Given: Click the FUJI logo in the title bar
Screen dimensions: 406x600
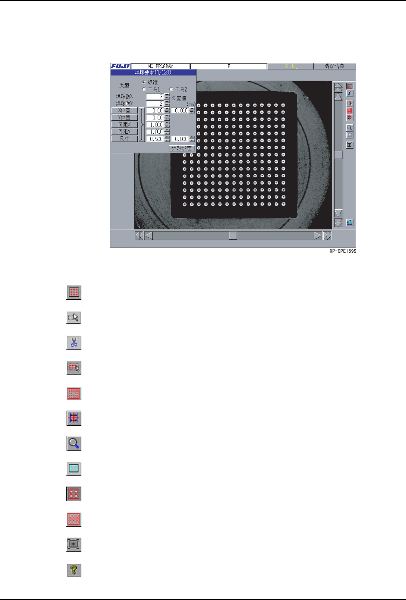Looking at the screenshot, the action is pyautogui.click(x=120, y=66).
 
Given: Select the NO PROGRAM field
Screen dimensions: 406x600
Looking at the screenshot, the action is pyautogui.click(x=160, y=66).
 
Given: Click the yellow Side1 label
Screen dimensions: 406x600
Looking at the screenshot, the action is pyautogui.click(x=291, y=66).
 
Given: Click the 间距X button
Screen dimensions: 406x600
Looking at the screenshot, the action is pyautogui.click(x=124, y=125).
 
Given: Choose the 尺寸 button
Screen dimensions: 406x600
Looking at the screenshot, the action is pyautogui.click(x=124, y=139).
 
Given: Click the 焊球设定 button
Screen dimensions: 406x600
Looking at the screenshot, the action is pyautogui.click(x=182, y=148).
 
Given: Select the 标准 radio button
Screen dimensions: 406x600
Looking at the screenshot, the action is pyautogui.click(x=144, y=82).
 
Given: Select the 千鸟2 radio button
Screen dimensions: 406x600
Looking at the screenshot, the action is pyautogui.click(x=171, y=89).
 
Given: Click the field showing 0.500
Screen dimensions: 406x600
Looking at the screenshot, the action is pyautogui.click(x=155, y=139).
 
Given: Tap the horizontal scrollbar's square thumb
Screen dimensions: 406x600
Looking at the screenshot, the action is pyautogui.click(x=232, y=236).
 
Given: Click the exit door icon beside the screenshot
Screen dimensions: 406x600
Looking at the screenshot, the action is pyautogui.click(x=350, y=223).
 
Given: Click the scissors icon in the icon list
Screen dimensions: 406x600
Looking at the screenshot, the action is pyautogui.click(x=74, y=343).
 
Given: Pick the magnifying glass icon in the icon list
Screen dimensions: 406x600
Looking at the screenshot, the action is pyautogui.click(x=74, y=443).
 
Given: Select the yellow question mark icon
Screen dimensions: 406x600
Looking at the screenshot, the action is pyautogui.click(x=74, y=570).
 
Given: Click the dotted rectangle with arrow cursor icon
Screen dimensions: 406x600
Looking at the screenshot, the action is pyautogui.click(x=74, y=318).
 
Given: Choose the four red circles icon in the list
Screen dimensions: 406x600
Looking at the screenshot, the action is pyautogui.click(x=74, y=494).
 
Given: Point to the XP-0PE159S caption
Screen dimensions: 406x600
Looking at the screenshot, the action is pyautogui.click(x=343, y=251).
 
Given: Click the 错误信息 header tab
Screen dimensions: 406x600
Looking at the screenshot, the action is pyautogui.click(x=335, y=66).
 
